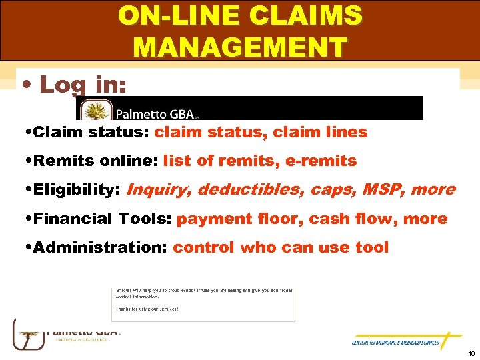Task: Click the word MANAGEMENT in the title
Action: click(240, 47)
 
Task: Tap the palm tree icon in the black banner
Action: click(95, 109)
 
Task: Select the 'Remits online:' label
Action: click(94, 161)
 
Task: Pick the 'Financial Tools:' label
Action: click(103, 219)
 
